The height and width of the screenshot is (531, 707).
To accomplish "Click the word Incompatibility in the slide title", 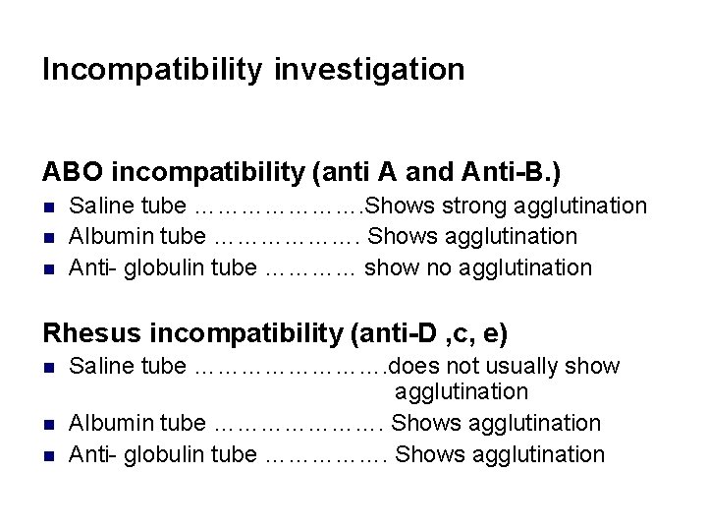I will pos(152,70).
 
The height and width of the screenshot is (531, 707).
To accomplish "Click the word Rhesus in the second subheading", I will pos(91,333).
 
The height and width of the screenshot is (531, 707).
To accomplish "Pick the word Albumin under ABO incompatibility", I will pos(105,236).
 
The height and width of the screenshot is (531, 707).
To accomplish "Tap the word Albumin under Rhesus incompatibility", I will pos(105,423).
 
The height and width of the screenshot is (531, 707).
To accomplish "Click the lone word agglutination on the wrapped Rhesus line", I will pos(462,392).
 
